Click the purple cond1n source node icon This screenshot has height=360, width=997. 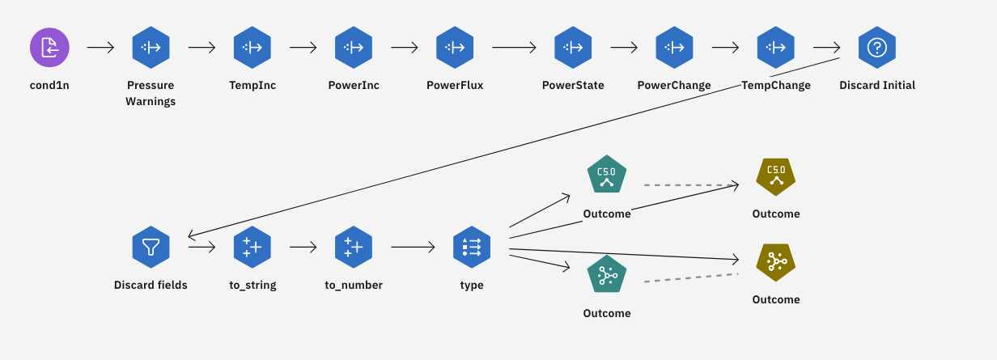point(50,47)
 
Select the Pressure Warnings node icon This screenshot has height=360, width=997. point(151,47)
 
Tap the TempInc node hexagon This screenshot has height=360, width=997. point(252,47)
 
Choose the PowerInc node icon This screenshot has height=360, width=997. point(354,47)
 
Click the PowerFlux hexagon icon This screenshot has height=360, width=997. point(455,47)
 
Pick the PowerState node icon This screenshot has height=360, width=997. point(573,47)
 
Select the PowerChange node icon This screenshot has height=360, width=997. point(674,47)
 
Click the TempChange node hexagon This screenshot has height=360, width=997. point(775,47)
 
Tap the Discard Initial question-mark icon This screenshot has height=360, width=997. point(876,47)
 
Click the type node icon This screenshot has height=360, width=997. point(471,247)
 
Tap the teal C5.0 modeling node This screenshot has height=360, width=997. point(606,175)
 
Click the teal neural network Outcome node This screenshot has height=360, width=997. point(606,275)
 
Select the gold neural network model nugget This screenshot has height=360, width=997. point(775,261)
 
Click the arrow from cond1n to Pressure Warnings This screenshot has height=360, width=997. point(100,47)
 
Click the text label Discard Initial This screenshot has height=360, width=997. point(877,85)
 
